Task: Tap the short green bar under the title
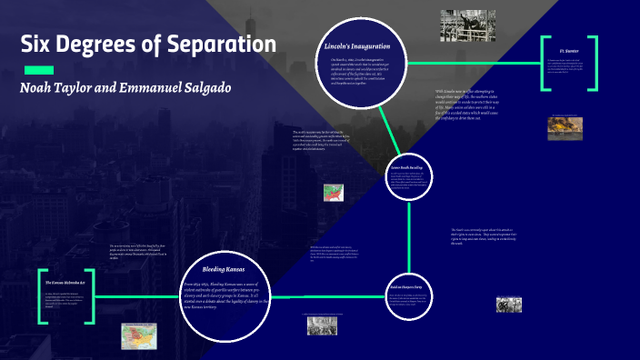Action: pos(38,70)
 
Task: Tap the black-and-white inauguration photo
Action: pos(468,25)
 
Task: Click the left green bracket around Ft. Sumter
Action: pos(544,63)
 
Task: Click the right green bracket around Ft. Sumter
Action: pos(595,63)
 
